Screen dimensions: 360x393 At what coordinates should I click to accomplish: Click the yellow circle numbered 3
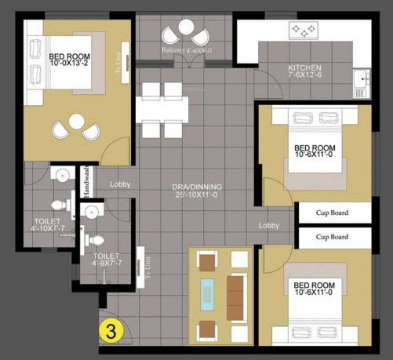111,332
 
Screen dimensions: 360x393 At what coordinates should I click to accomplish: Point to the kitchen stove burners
305,31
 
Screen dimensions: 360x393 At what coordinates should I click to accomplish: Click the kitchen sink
361,78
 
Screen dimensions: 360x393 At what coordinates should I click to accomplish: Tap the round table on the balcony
187,28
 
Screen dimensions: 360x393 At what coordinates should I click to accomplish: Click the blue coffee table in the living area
207,293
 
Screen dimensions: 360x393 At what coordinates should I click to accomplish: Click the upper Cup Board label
332,213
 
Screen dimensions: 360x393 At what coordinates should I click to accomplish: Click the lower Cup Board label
332,236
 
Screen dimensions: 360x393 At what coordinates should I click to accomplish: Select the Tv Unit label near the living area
147,267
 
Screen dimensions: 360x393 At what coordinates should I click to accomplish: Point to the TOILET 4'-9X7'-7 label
107,260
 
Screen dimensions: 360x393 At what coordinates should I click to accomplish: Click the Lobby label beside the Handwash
119,184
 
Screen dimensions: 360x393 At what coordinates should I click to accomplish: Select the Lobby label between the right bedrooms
269,225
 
